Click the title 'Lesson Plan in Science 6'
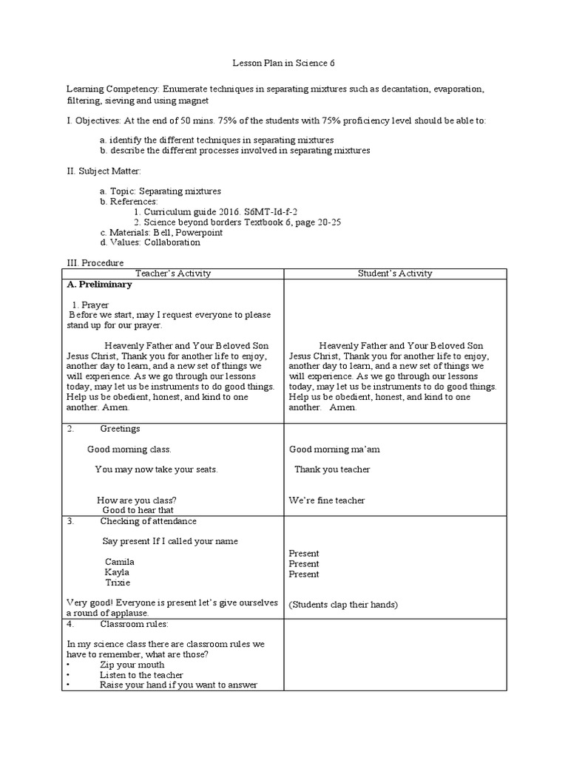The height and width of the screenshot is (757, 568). click(283, 64)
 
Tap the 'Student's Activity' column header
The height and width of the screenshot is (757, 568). click(395, 274)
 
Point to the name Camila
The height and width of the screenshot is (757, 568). click(119, 562)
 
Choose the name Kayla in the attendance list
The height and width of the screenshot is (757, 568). click(117, 572)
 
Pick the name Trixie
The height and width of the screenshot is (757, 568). click(118, 583)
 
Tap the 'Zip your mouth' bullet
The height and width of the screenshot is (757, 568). click(132, 665)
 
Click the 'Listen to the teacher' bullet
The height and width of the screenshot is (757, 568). click(141, 675)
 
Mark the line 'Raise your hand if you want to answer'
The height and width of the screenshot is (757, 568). click(178, 685)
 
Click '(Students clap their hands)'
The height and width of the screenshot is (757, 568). click(343, 605)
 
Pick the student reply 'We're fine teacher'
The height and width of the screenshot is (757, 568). click(327, 500)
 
